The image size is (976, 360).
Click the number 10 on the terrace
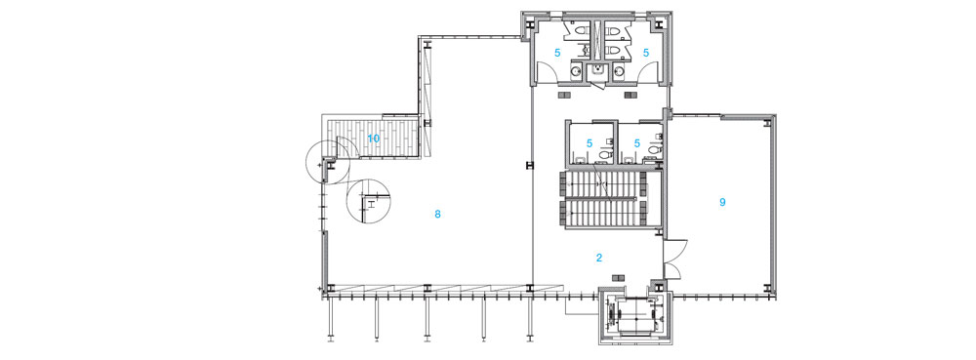pyautogui.click(x=374, y=138)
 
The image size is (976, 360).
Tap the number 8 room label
pyautogui.click(x=437, y=215)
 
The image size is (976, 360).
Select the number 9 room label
pyautogui.click(x=722, y=202)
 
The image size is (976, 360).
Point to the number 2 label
pyautogui.click(x=599, y=258)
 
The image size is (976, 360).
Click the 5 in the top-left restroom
pyautogui.click(x=557, y=54)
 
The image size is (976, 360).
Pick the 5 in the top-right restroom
pyautogui.click(x=646, y=54)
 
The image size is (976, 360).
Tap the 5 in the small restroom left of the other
pyautogui.click(x=590, y=143)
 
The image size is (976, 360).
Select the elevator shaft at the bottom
pyautogui.click(x=631, y=317)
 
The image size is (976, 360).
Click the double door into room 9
pyautogui.click(x=673, y=259)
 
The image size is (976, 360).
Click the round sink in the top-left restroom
pyautogui.click(x=577, y=71)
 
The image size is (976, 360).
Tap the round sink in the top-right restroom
pyautogui.click(x=619, y=71)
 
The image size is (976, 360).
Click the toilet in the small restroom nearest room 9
pyautogui.click(x=654, y=149)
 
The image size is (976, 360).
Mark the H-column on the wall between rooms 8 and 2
pyautogui.click(x=530, y=166)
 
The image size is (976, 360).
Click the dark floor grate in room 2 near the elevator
pyautogui.click(x=618, y=277)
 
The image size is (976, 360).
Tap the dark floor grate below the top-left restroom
pyautogui.click(x=567, y=96)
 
